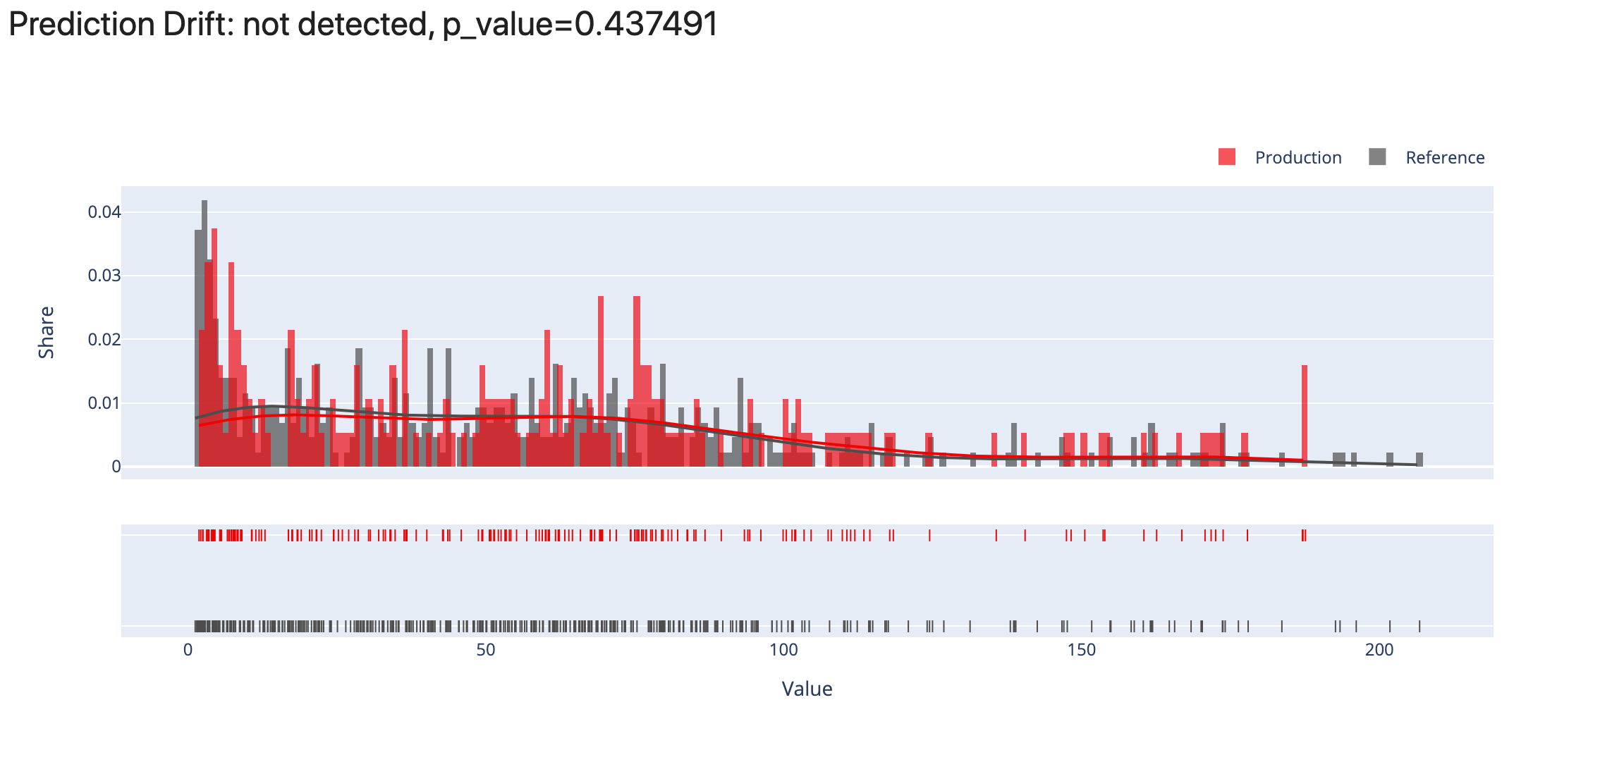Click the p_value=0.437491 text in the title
click(580, 25)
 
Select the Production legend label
click(1297, 157)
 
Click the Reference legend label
click(1444, 157)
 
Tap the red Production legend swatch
click(1227, 157)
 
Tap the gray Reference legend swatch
click(1377, 157)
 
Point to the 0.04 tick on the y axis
click(104, 212)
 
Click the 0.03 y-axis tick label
click(104, 276)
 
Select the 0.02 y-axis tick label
click(104, 340)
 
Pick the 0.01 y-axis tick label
click(104, 403)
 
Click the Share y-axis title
click(47, 333)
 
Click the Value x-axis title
click(807, 689)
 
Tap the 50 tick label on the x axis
click(485, 650)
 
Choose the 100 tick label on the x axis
click(783, 650)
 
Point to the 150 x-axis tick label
click(1082, 650)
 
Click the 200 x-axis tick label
click(1379, 650)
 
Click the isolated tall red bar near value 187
click(1305, 416)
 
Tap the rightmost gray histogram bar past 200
click(1419, 460)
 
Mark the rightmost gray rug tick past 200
click(1419, 626)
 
